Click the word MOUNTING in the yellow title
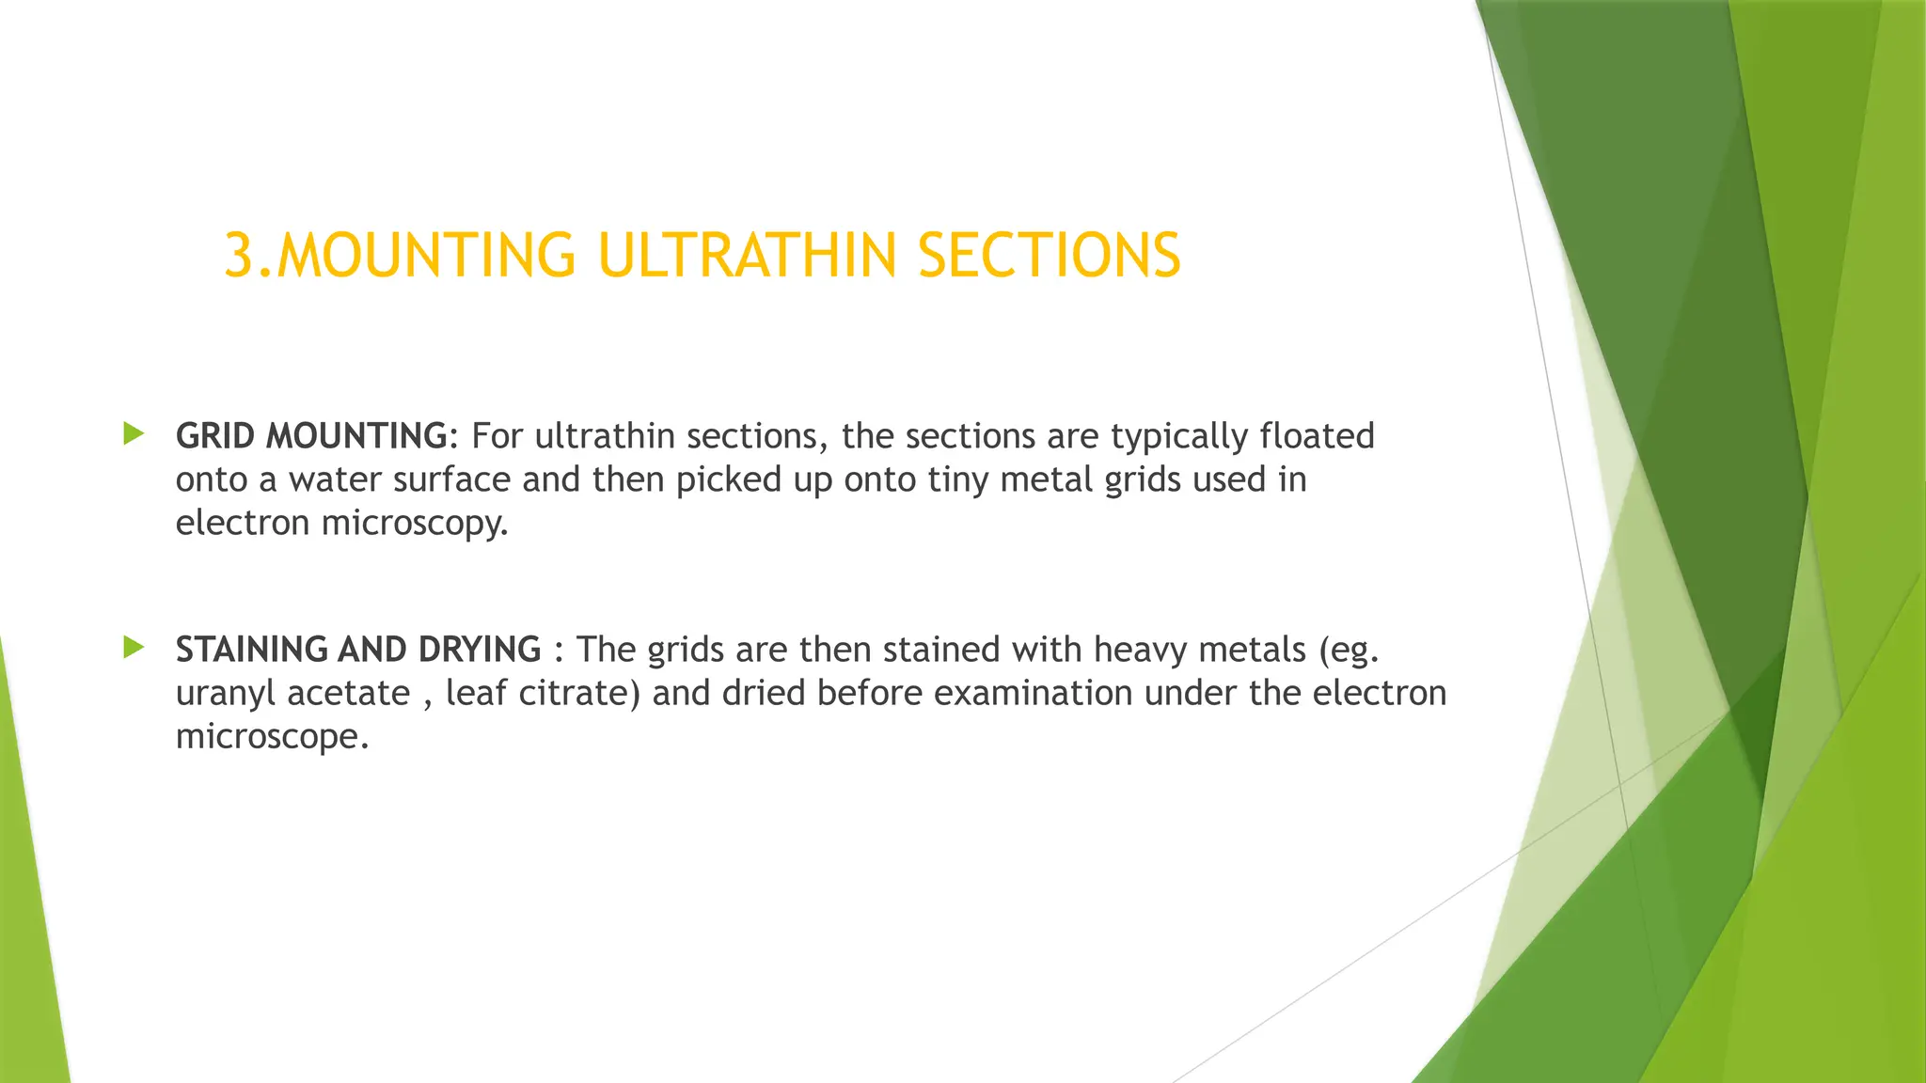tap(426, 256)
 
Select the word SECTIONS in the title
tap(1049, 256)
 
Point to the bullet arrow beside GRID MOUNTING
tap(134, 433)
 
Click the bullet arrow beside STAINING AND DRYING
tap(134, 647)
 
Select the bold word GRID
tap(215, 436)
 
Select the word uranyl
tap(226, 694)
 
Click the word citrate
tap(579, 693)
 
